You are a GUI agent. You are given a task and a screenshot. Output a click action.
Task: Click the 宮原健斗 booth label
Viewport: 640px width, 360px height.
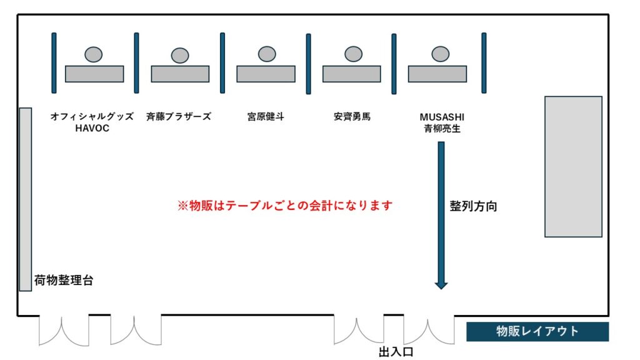pyautogui.click(x=266, y=117)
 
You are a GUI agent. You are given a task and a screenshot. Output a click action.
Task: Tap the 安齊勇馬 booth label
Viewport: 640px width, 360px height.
pyautogui.click(x=352, y=117)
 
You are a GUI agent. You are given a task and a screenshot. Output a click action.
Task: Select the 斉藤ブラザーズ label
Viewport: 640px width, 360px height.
pyautogui.click(x=179, y=117)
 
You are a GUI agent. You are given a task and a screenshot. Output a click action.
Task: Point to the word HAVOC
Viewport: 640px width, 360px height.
pyautogui.click(x=92, y=128)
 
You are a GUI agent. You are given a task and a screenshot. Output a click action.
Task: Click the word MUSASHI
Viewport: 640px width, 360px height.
pyautogui.click(x=442, y=117)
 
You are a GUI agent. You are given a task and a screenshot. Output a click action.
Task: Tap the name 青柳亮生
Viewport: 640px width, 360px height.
pyautogui.click(x=442, y=129)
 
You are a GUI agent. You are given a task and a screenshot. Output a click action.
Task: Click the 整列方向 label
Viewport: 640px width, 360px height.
pyautogui.click(x=473, y=206)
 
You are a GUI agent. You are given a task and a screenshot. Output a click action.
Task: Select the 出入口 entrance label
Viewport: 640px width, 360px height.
pyautogui.click(x=396, y=352)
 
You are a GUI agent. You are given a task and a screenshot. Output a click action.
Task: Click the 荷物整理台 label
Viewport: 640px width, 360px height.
pyautogui.click(x=64, y=281)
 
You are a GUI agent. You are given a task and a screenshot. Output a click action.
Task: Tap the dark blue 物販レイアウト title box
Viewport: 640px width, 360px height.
pyautogui.click(x=537, y=332)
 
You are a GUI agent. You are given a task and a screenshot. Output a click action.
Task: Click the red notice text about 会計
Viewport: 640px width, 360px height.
pyautogui.click(x=285, y=206)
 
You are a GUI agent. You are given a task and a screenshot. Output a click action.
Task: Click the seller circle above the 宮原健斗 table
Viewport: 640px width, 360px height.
pyautogui.click(x=267, y=54)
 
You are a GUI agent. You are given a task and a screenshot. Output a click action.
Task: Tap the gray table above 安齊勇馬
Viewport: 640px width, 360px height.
pyautogui.click(x=351, y=74)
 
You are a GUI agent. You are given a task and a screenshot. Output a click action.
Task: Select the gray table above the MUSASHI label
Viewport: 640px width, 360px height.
pyautogui.click(x=437, y=74)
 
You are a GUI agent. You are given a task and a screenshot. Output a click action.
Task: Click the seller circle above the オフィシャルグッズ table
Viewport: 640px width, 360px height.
pyautogui.click(x=94, y=54)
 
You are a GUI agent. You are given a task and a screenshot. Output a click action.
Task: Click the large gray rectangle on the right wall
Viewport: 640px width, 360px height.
pyautogui.click(x=573, y=166)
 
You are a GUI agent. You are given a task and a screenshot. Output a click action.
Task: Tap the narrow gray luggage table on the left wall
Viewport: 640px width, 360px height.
pyautogui.click(x=25, y=199)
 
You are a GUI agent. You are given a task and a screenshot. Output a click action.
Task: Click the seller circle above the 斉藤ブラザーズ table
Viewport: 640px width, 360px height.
pyautogui.click(x=180, y=55)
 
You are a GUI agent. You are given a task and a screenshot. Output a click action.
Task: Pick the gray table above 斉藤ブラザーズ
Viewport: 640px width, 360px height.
pyautogui.click(x=180, y=74)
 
